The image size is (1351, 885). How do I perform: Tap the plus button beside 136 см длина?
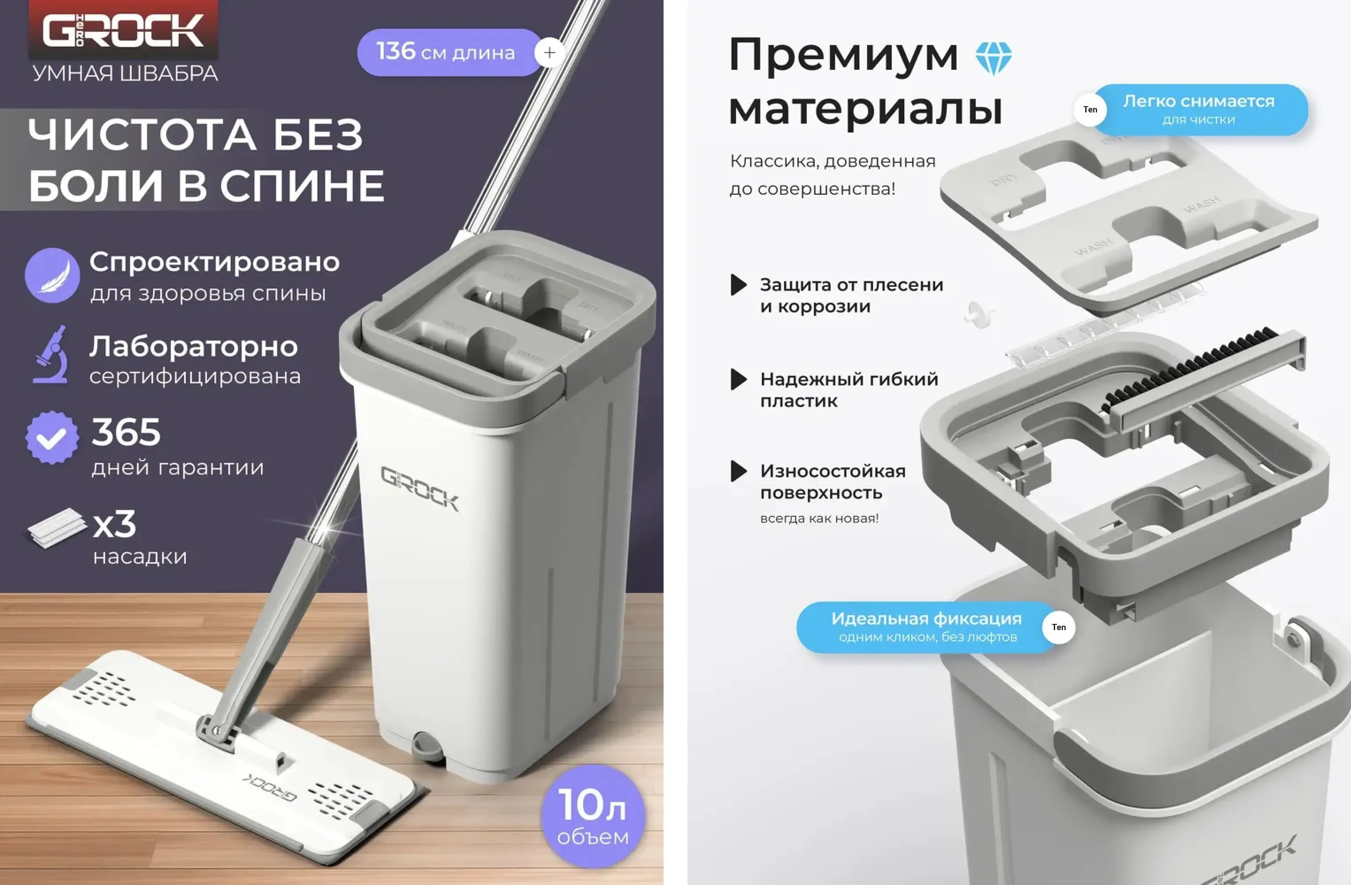click(x=549, y=53)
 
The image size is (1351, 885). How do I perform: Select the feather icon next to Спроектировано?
click(x=52, y=275)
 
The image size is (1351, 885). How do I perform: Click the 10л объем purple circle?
click(x=593, y=816)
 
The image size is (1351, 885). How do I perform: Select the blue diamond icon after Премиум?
click(x=994, y=58)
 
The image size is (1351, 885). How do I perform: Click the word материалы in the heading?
click(x=865, y=109)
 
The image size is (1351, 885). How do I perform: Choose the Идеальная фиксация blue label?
click(x=926, y=627)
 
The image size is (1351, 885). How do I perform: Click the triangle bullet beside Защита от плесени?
click(x=738, y=285)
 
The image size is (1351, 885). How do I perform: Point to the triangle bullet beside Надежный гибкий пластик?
click(x=738, y=379)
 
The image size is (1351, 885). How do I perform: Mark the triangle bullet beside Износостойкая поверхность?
click(x=738, y=471)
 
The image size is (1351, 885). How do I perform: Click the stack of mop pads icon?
click(x=57, y=528)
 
